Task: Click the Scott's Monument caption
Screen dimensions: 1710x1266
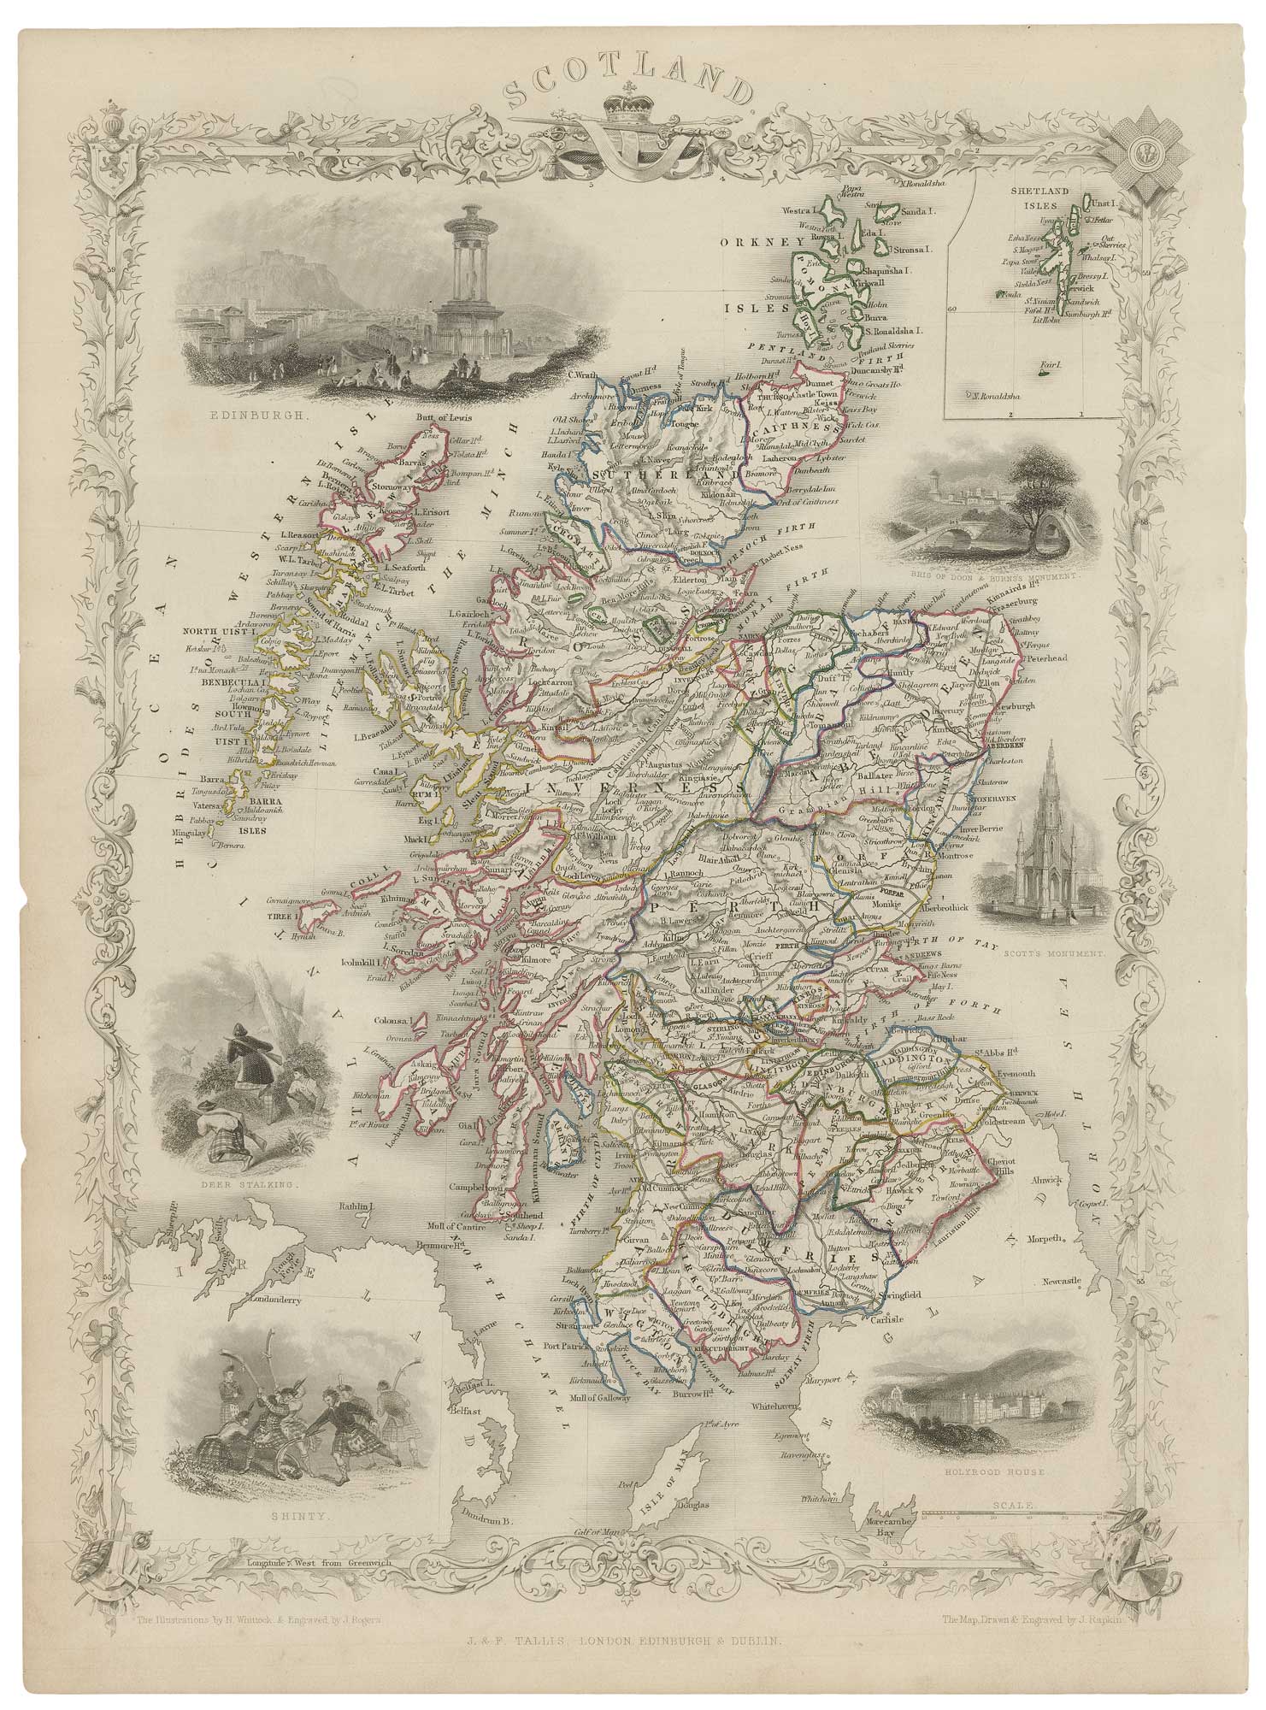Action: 1053,951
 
